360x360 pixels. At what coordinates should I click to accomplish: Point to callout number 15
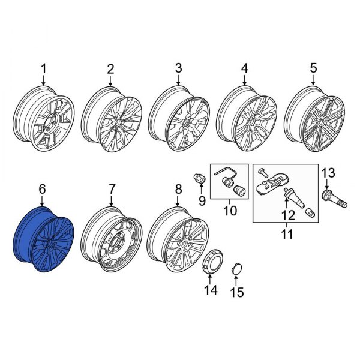tap(239, 293)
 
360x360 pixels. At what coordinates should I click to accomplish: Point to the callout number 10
tap(231, 211)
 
